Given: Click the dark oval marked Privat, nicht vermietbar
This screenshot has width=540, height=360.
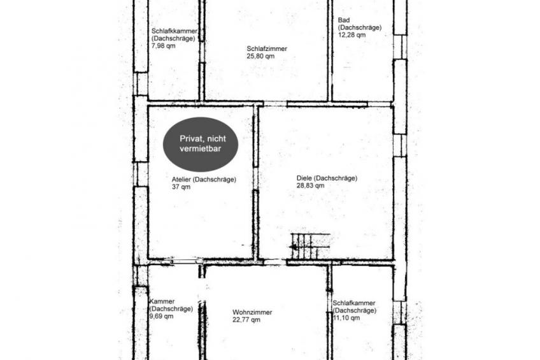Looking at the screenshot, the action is point(201,145).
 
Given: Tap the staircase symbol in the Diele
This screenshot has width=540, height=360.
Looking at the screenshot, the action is point(310,246).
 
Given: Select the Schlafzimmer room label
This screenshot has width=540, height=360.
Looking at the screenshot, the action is point(267,48).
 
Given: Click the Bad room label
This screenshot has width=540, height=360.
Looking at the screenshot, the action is point(344,20).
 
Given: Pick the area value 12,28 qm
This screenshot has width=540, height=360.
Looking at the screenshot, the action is point(352,35).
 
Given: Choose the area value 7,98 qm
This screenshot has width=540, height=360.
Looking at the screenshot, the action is point(163,46).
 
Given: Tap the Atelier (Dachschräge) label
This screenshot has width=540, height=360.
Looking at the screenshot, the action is point(204,180).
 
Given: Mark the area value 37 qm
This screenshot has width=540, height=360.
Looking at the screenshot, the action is point(181,187).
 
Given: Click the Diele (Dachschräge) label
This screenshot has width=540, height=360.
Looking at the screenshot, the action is point(327,178).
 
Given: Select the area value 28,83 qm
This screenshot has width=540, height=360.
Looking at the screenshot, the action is point(310,185).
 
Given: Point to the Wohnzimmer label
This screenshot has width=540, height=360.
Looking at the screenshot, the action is point(252,312).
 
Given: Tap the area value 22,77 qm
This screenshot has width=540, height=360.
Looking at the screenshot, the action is point(246,320).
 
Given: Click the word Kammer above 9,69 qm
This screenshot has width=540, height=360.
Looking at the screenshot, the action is point(162,301).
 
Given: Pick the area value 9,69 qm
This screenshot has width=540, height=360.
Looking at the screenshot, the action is point(161,316).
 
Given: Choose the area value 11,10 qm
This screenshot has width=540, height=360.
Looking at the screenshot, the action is point(346,317).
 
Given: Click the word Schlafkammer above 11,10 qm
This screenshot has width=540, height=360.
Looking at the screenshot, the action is point(353,303).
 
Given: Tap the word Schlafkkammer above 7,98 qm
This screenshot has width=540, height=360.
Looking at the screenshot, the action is point(174,31).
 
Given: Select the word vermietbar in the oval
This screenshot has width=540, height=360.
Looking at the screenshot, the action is point(201,149).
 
